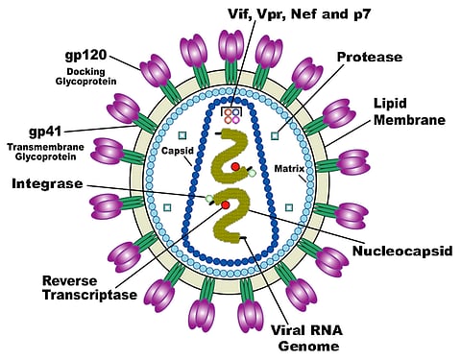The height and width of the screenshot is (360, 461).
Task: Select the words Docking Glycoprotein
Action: coord(92,77)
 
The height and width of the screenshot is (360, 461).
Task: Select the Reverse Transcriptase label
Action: coord(82,289)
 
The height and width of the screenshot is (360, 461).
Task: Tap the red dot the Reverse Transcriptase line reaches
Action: coord(225,205)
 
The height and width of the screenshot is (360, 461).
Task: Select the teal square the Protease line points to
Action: coord(276,135)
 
